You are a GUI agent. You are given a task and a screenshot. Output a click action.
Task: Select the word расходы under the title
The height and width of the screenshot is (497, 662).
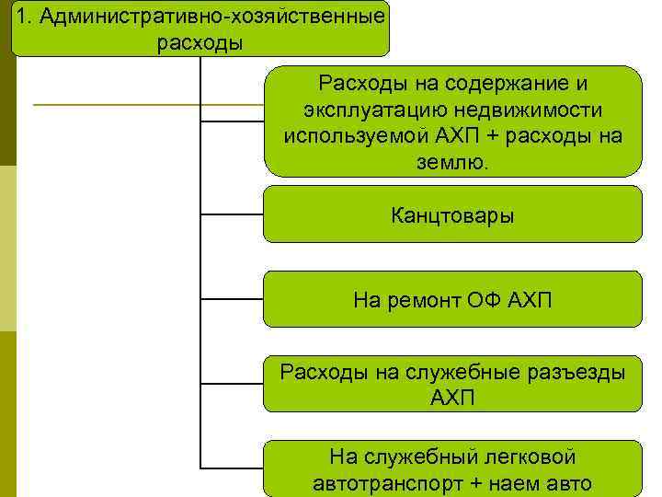pos(200,43)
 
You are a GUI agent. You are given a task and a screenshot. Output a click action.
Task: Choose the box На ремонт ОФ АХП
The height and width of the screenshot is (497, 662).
pos(452,299)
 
